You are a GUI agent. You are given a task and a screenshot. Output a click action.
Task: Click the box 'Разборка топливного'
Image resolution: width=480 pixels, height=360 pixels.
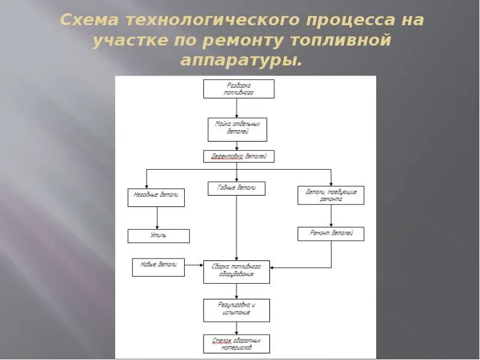[239, 89]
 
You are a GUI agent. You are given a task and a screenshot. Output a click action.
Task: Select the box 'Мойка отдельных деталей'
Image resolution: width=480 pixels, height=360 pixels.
[238, 128]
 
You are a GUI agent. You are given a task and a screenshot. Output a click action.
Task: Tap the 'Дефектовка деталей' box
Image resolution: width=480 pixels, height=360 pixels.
[239, 157]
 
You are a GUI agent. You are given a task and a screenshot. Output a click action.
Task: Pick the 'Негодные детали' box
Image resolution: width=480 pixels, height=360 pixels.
[156, 197]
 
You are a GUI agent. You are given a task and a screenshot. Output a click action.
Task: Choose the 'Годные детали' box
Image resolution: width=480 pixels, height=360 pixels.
[236, 188]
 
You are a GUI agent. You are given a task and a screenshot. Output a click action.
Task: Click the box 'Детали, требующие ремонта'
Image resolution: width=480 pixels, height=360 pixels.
[331, 195]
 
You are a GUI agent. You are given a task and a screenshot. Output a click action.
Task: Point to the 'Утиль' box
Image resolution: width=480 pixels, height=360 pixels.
[158, 236]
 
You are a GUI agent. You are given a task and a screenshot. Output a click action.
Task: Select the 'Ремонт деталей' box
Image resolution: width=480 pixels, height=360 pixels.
[331, 233]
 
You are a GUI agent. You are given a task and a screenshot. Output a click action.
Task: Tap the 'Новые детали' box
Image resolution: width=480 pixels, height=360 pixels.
[158, 267]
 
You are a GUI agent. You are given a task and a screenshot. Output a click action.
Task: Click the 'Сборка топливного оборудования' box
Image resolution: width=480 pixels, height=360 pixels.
[236, 272]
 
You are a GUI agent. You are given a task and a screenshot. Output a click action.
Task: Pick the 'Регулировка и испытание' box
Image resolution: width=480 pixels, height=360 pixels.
[236, 310]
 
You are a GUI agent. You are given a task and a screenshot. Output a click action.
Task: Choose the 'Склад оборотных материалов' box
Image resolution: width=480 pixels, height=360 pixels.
[236, 344]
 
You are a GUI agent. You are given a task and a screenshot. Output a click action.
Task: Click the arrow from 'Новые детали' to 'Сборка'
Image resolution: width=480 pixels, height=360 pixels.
[194, 265]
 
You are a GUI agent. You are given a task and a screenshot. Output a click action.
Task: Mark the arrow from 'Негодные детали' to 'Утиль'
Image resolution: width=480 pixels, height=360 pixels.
[157, 218]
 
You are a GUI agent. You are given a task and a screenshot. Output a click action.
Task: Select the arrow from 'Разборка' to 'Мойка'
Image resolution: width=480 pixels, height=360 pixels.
[238, 108]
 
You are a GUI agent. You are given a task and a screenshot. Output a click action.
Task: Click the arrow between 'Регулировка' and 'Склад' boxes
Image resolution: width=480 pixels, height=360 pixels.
[237, 328]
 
